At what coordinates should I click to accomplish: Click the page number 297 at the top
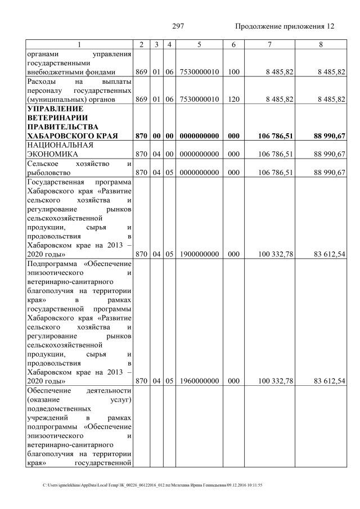178,26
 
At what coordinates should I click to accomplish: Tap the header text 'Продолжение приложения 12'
284,26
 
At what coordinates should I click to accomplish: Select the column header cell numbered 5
200,44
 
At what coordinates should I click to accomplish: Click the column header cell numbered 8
319,44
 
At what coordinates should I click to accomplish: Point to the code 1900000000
200,254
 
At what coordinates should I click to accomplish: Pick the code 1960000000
200,381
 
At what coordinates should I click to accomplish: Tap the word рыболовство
51,172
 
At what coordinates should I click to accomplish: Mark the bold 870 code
141,136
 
